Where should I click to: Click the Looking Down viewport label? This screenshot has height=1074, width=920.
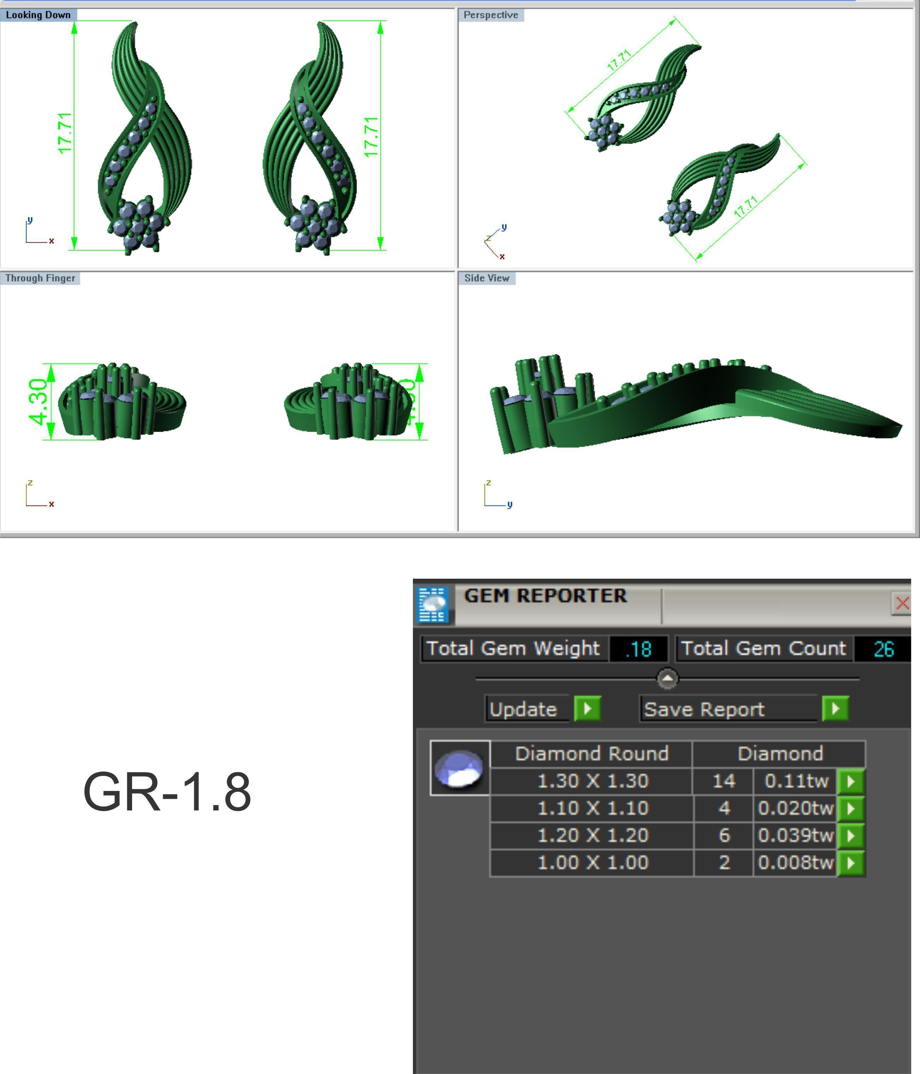(38, 15)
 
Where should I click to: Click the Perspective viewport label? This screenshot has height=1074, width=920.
(491, 15)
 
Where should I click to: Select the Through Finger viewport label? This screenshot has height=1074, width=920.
(40, 278)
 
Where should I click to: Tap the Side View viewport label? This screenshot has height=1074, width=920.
(486, 278)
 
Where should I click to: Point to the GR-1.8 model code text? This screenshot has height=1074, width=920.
(167, 792)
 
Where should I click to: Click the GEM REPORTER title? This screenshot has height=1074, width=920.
(545, 596)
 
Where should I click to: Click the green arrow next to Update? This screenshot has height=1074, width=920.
(587, 709)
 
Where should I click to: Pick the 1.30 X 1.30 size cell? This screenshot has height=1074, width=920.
(592, 781)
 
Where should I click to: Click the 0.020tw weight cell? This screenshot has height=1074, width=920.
(795, 808)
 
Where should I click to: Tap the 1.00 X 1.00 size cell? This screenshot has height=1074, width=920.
(592, 862)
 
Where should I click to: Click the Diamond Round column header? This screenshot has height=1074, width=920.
(592, 754)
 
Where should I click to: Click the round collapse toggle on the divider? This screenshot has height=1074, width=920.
(667, 678)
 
